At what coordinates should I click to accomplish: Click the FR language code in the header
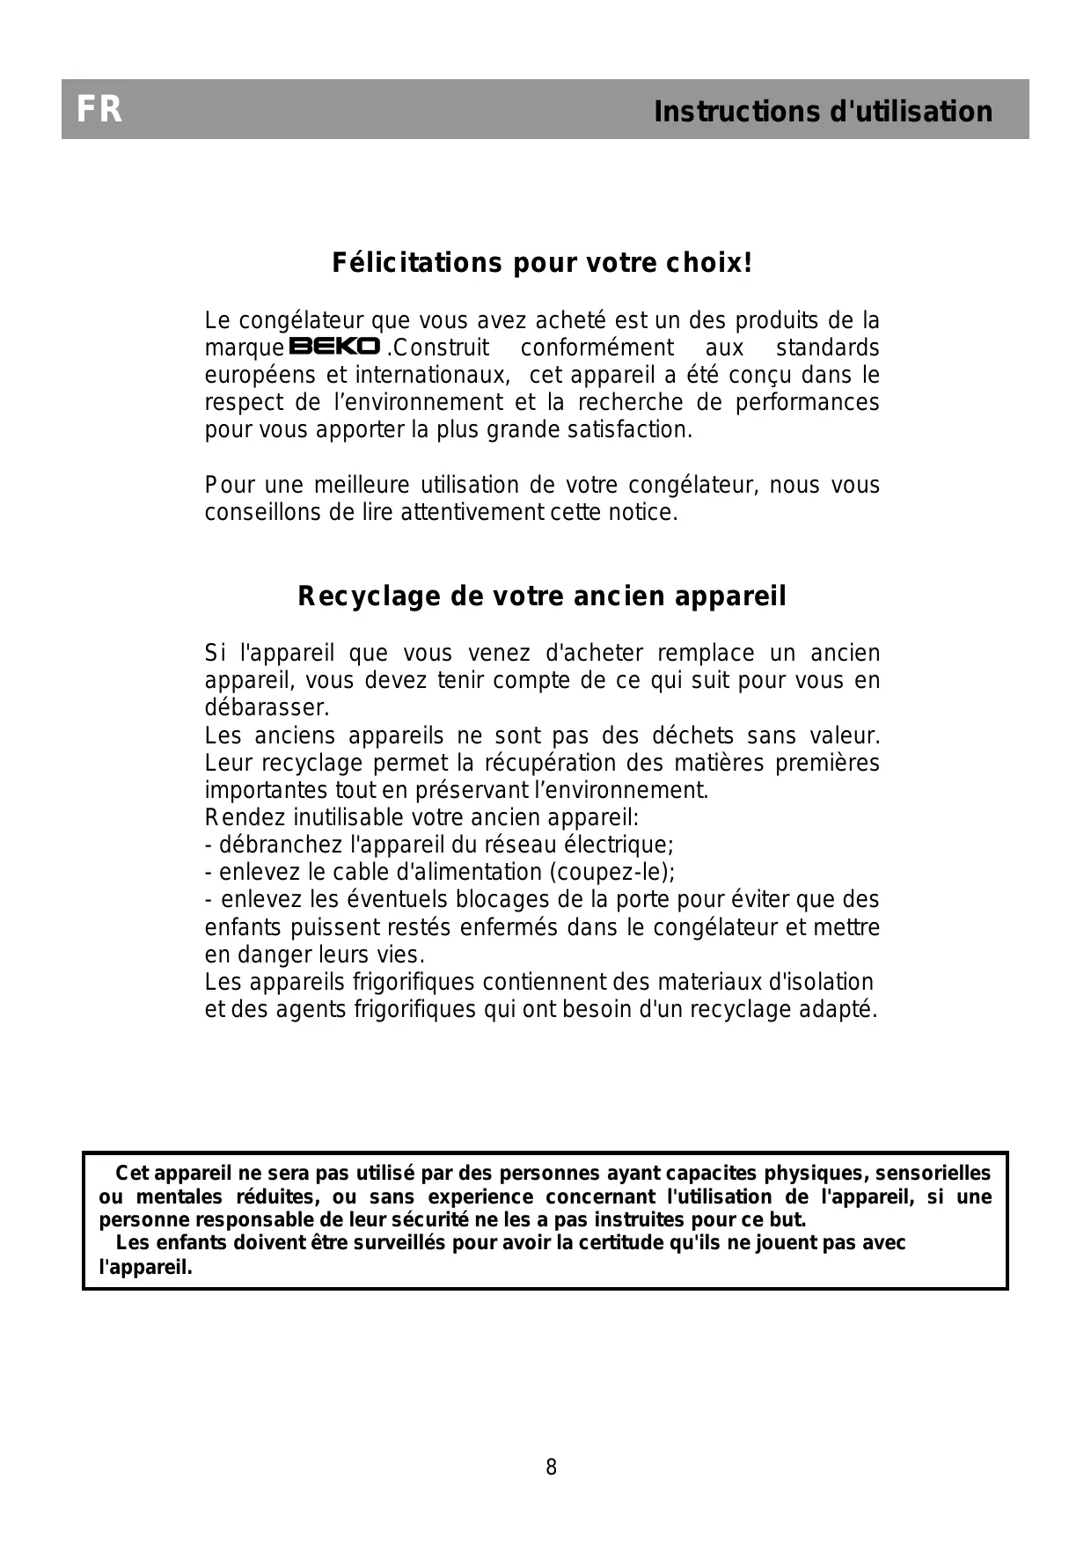coord(99,110)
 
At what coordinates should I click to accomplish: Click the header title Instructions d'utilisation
coord(823,112)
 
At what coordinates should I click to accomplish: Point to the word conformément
coord(597,348)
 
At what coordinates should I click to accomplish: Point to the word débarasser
coord(267,708)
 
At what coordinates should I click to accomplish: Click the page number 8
coord(552,1467)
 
